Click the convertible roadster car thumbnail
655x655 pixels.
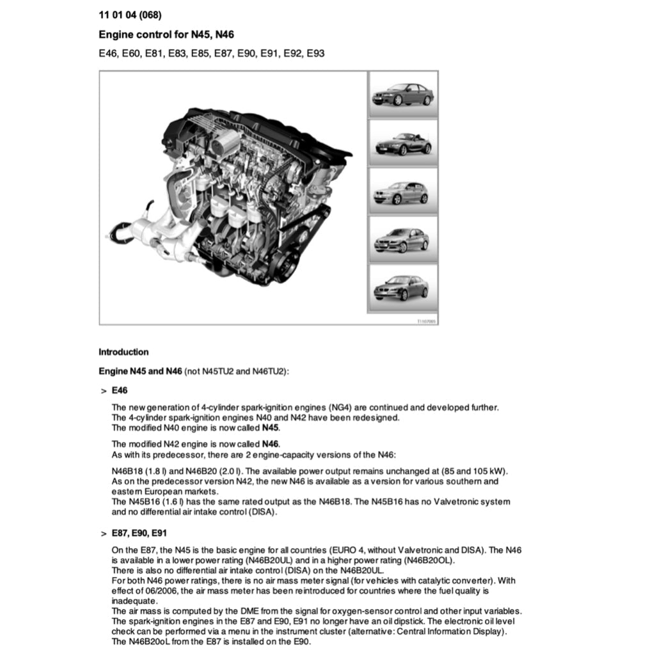pos(402,143)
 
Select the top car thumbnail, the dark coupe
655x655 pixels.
pos(402,94)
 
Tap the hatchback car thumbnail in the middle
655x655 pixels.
pos(402,191)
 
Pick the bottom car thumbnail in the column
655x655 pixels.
pos(402,288)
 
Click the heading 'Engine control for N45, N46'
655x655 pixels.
pos(170,35)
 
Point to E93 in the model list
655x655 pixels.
pos(315,54)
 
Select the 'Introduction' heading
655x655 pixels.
pos(123,352)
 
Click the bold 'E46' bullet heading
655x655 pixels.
pos(120,390)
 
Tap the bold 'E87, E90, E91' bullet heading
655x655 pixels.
pos(139,533)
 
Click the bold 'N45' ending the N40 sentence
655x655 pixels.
pos(271,428)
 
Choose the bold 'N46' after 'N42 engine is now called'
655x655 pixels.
pos(271,444)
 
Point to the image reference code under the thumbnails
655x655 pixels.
pos(427,321)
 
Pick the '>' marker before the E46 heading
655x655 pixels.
pos(103,390)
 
